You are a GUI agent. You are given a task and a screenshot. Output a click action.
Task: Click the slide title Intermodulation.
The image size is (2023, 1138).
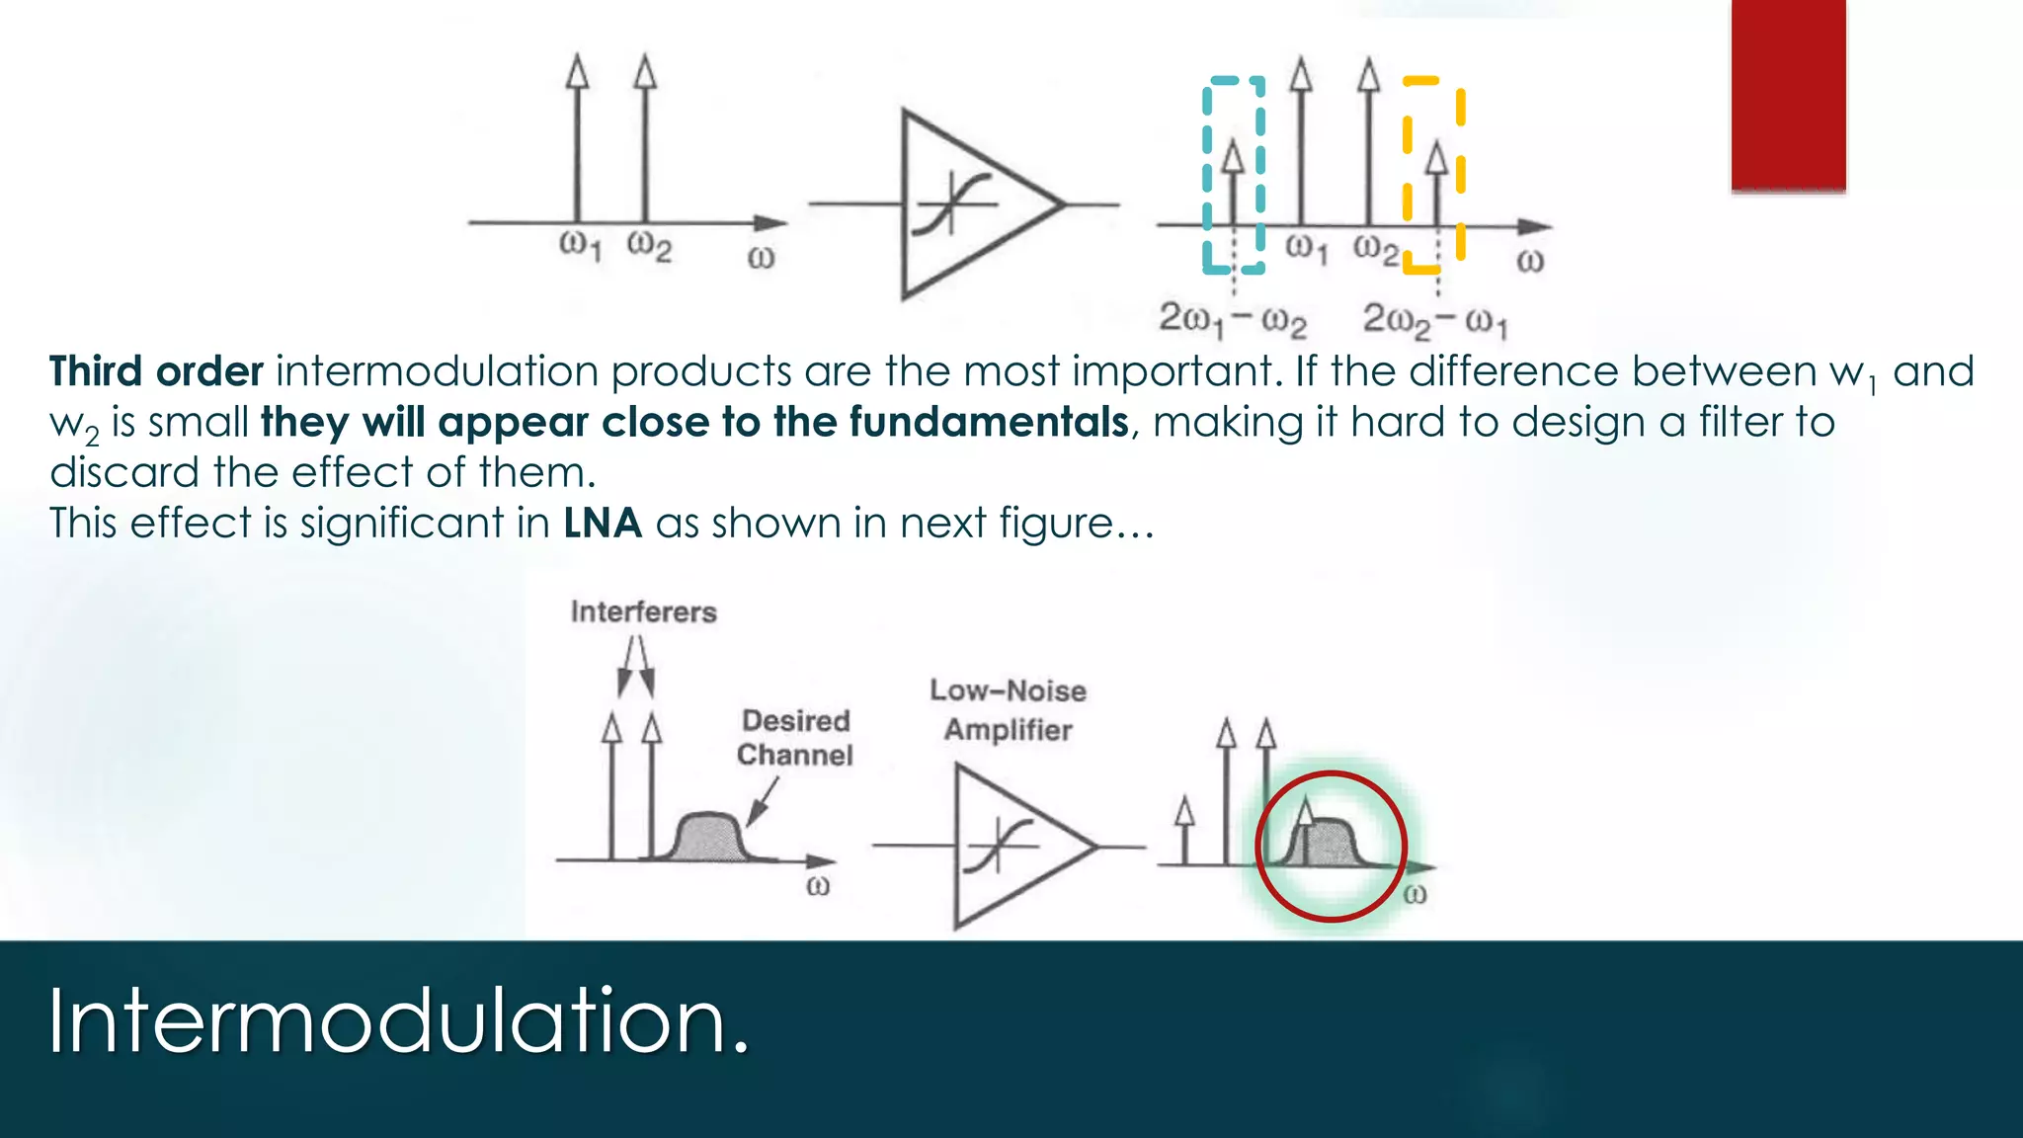[399, 1021]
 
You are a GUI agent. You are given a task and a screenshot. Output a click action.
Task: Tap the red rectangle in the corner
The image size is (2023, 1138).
[1788, 94]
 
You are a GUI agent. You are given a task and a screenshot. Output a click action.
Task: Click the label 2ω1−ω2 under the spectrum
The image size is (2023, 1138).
[1232, 320]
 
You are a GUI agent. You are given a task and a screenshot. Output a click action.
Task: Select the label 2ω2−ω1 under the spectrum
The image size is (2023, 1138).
[1435, 320]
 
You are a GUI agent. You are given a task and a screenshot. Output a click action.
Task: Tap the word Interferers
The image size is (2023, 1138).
[643, 612]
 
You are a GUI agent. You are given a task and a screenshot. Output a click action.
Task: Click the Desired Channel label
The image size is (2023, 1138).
[795, 738]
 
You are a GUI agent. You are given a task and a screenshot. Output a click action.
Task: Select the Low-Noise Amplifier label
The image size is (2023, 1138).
[1008, 710]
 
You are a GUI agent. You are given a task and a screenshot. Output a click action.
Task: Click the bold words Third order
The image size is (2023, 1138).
[156, 372]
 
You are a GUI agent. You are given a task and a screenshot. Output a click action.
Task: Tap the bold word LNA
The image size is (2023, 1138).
[603, 524]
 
